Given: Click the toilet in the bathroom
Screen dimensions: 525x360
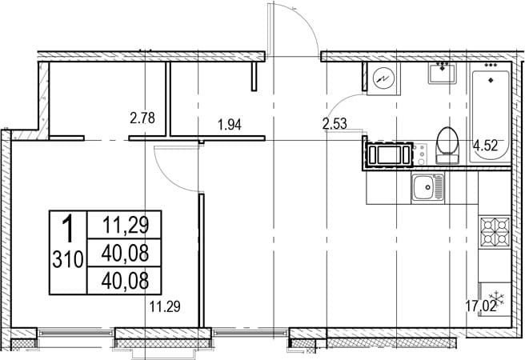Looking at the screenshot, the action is click(447, 145).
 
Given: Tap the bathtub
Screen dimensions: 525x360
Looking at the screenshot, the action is click(490, 113).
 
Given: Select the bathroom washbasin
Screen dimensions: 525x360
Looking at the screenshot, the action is click(443, 74).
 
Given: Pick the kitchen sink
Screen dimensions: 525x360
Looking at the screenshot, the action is click(428, 187).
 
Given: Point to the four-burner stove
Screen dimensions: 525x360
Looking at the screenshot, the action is click(495, 231).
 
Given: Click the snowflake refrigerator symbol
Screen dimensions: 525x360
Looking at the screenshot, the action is click(496, 298).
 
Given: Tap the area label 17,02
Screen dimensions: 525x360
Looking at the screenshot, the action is click(481, 306).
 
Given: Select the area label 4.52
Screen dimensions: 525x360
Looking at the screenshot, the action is click(485, 146).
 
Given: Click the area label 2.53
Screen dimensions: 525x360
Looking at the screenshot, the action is click(335, 124).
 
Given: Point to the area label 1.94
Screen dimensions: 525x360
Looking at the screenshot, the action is click(230, 125).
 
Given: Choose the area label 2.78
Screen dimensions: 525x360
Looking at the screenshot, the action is click(142, 118).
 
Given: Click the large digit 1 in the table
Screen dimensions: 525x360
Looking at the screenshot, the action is click(68, 229).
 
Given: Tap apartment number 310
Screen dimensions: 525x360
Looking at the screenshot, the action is click(68, 260).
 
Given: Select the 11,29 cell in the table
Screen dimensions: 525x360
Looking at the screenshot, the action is click(125, 225).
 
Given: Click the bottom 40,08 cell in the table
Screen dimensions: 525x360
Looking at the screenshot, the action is click(125, 281).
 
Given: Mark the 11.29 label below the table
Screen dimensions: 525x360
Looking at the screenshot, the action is click(165, 306).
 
